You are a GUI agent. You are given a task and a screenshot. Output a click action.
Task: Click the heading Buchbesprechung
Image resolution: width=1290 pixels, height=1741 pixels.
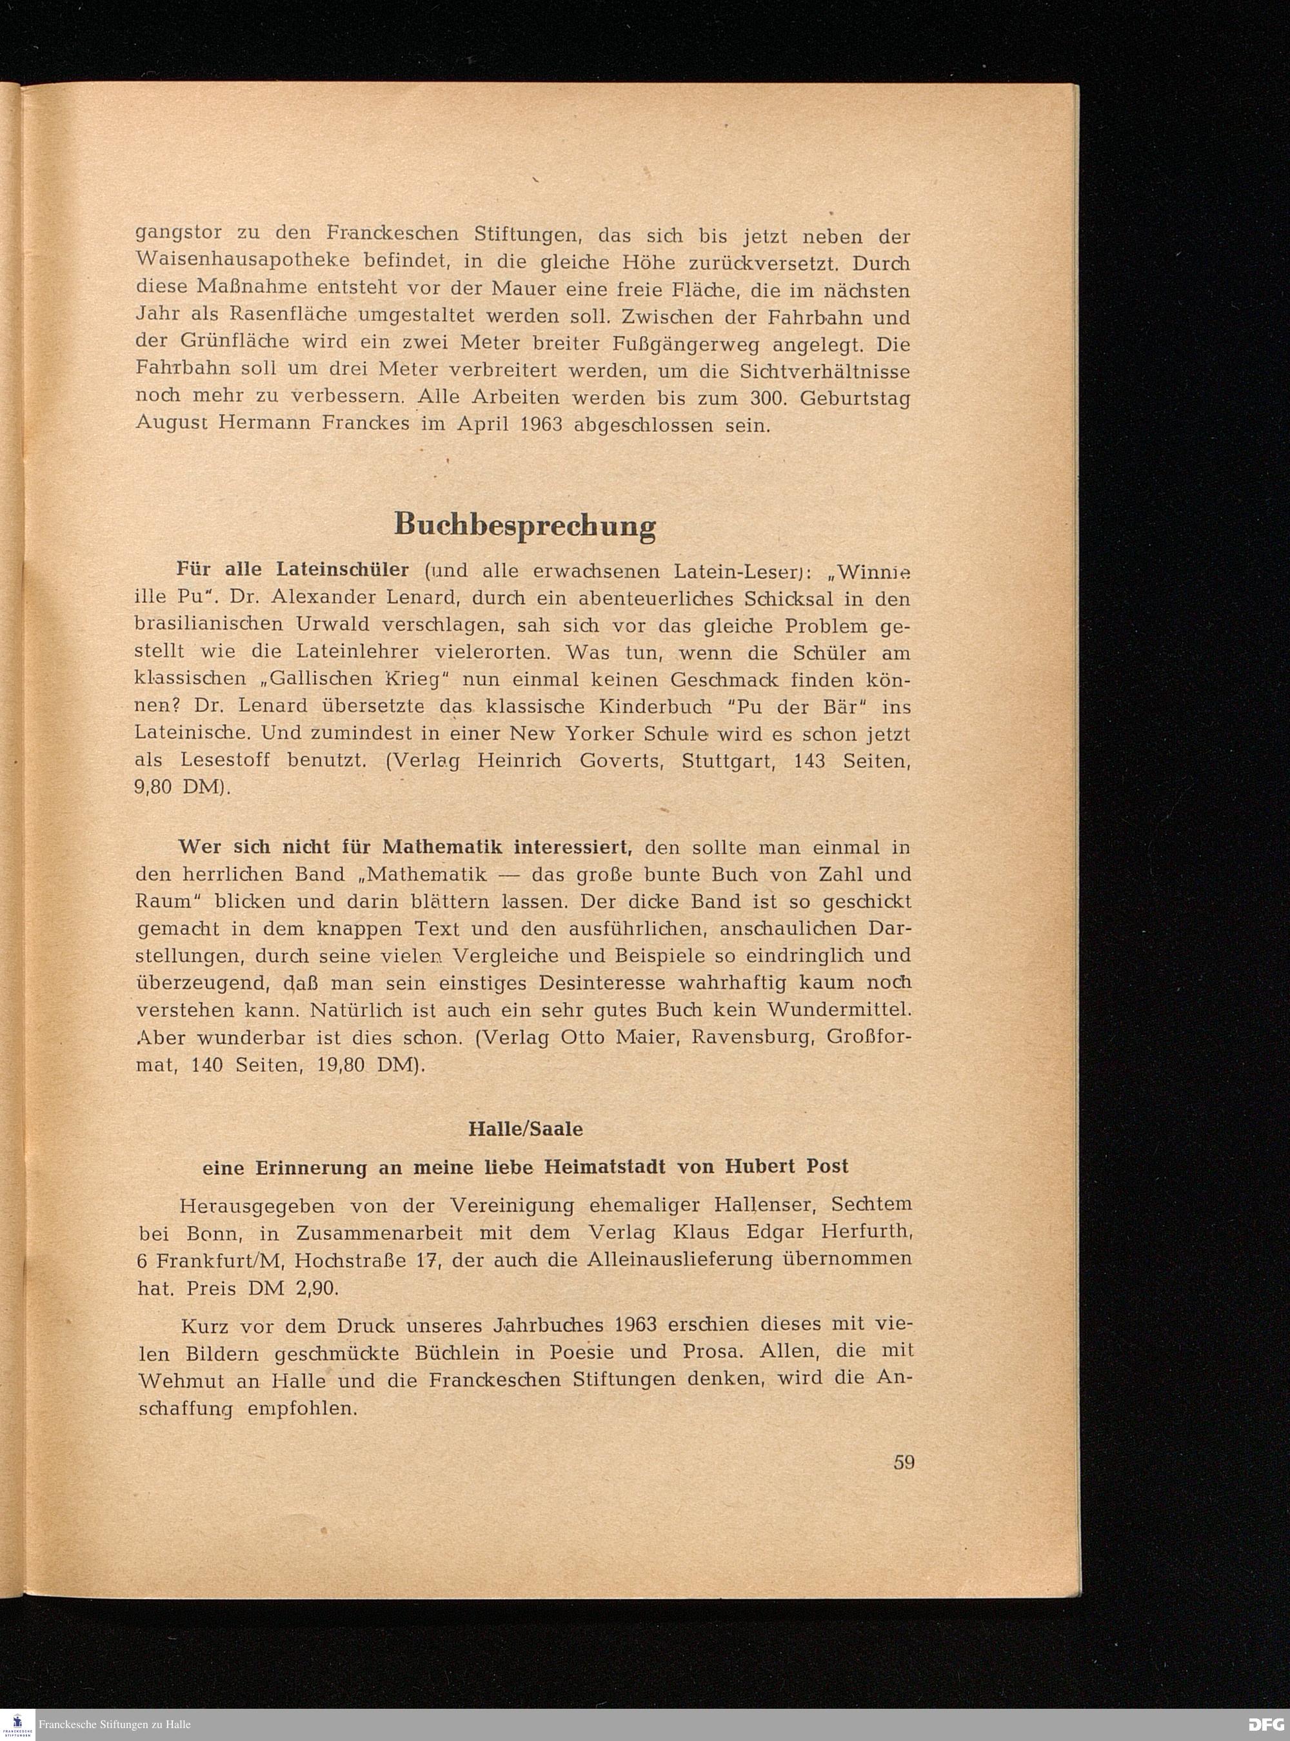click(x=525, y=525)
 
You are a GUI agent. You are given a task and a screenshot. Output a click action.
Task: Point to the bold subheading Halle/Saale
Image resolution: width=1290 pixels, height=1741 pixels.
click(x=526, y=1129)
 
